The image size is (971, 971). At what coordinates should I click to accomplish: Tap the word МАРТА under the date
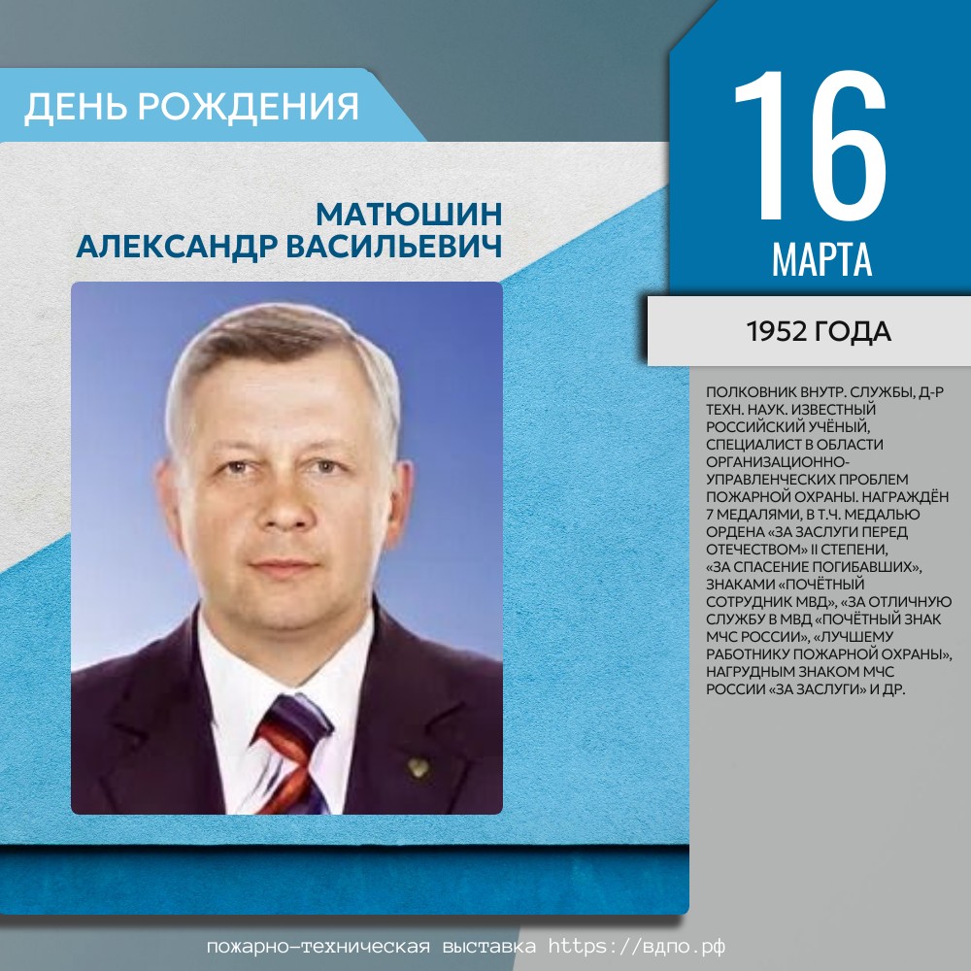coord(821,260)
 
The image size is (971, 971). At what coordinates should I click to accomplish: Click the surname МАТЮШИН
coord(409,215)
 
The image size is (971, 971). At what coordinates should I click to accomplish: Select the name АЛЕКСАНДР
coord(177,247)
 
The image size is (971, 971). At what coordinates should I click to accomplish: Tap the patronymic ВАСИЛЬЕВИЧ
coord(394,247)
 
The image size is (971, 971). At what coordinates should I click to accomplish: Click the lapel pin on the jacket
coord(418,768)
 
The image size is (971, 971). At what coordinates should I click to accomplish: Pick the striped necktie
coord(293,753)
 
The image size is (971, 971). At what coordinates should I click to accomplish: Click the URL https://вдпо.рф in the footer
coord(637,947)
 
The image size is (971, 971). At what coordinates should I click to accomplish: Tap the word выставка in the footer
coord(489,947)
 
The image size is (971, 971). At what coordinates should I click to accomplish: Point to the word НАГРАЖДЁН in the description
coord(905,496)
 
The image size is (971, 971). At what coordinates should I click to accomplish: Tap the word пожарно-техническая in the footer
coord(318,947)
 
